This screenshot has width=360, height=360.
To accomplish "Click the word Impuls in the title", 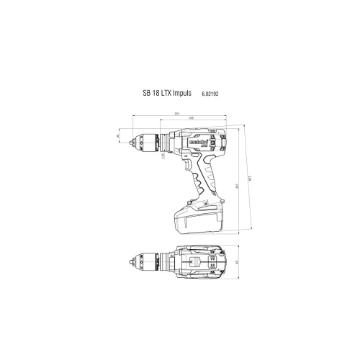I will point(182,93).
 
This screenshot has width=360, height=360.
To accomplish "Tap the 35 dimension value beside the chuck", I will point(118,135).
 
